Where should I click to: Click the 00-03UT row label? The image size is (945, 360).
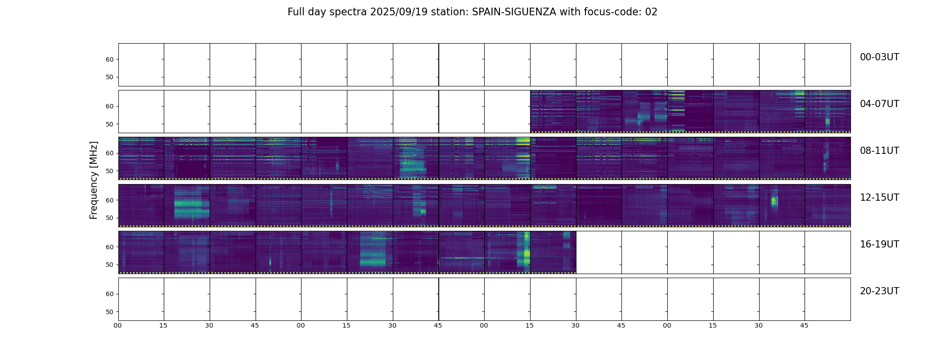(x=879, y=57)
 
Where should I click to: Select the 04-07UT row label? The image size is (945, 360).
(x=879, y=104)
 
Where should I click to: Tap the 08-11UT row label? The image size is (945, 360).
(x=879, y=151)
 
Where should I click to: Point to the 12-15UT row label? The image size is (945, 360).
(x=879, y=198)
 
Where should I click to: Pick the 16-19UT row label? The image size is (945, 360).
(x=879, y=244)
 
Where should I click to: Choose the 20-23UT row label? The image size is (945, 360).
(x=879, y=291)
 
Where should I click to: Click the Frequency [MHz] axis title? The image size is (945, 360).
(x=94, y=180)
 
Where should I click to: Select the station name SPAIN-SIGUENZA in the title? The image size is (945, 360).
(x=514, y=12)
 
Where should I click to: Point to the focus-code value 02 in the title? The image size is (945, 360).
(x=651, y=12)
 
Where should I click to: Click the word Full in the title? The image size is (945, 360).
(x=295, y=12)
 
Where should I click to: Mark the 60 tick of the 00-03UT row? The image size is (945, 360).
(x=110, y=59)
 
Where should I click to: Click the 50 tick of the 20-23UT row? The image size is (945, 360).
(x=110, y=312)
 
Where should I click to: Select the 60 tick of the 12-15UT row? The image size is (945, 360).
(x=110, y=200)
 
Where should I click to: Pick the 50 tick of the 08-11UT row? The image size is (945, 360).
(x=110, y=171)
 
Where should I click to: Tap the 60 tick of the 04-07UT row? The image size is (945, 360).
(x=110, y=106)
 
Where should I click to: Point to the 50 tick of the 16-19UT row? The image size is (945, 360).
(x=110, y=265)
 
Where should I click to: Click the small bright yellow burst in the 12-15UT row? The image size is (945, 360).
(x=774, y=202)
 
